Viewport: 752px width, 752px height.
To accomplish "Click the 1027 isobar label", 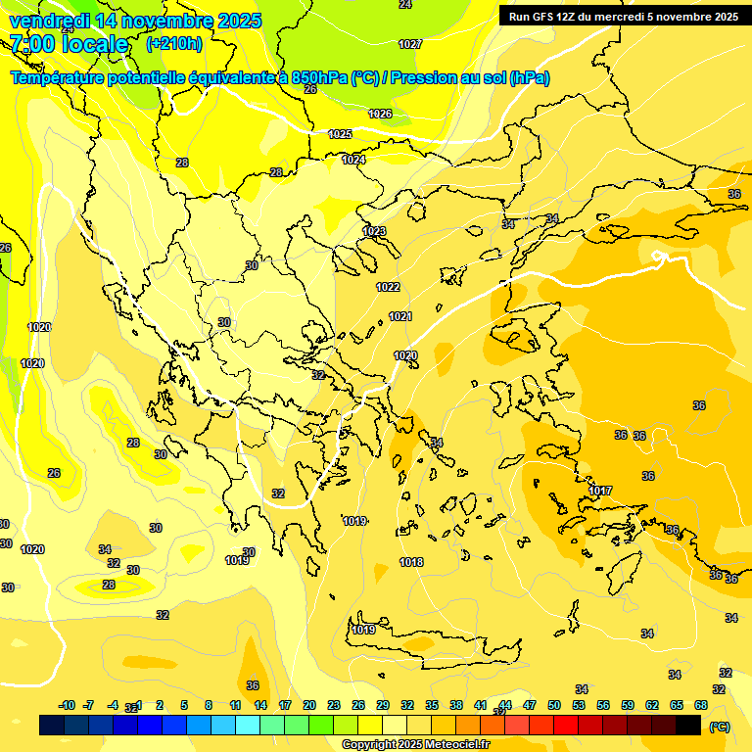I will [x=410, y=44].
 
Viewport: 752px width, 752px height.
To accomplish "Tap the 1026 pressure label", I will [x=380, y=115].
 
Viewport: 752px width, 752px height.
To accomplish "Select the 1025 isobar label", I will [x=340, y=134].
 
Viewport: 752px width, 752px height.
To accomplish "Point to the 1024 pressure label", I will [x=353, y=160].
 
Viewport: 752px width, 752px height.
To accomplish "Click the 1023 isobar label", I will [x=374, y=231].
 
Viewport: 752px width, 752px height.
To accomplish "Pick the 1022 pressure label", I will [x=388, y=287].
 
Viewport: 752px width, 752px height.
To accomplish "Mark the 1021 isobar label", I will [x=399, y=316].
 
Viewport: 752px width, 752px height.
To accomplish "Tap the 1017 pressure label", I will [x=601, y=491].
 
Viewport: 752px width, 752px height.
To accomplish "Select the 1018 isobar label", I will [x=411, y=562].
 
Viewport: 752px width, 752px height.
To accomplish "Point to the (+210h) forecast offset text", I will [x=173, y=44].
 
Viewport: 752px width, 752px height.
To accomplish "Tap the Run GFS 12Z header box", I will [x=623, y=16].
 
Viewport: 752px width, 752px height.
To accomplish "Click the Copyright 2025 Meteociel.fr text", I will [x=415, y=745].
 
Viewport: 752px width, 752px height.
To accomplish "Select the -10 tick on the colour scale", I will [x=67, y=705].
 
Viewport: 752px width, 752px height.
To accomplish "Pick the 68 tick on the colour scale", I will [x=701, y=705].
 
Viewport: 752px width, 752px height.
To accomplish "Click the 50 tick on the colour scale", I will [x=554, y=705].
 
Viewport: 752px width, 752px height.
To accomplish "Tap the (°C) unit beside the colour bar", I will [x=719, y=727].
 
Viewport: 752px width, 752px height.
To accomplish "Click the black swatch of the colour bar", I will [x=688, y=726].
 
